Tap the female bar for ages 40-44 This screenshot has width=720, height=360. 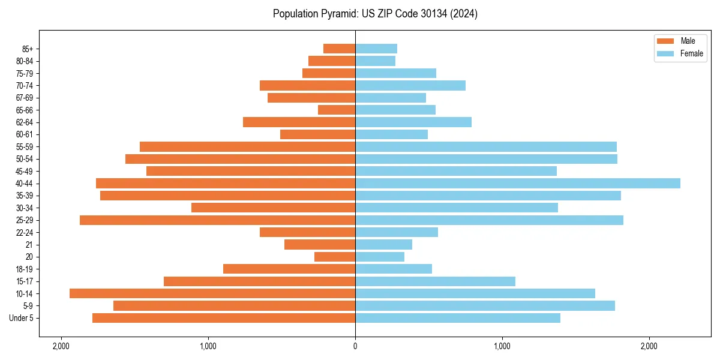[x=517, y=183]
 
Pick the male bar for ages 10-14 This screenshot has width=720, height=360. [x=212, y=293]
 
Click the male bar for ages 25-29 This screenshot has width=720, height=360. [x=217, y=220]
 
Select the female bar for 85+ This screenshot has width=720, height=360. [x=376, y=49]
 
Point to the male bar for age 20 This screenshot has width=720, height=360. [x=335, y=257]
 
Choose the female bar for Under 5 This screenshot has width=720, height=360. [x=458, y=318]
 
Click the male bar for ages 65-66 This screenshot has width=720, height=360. [x=337, y=110]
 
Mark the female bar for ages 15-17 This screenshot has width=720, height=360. [x=435, y=281]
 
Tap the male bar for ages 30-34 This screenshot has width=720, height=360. [x=273, y=208]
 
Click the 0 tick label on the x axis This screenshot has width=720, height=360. [x=355, y=346]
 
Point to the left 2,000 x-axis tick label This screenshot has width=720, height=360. [x=61, y=346]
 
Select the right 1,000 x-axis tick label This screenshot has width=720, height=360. [x=502, y=346]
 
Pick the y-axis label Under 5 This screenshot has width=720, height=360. [x=22, y=318]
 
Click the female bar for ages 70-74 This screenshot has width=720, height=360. [x=410, y=85]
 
